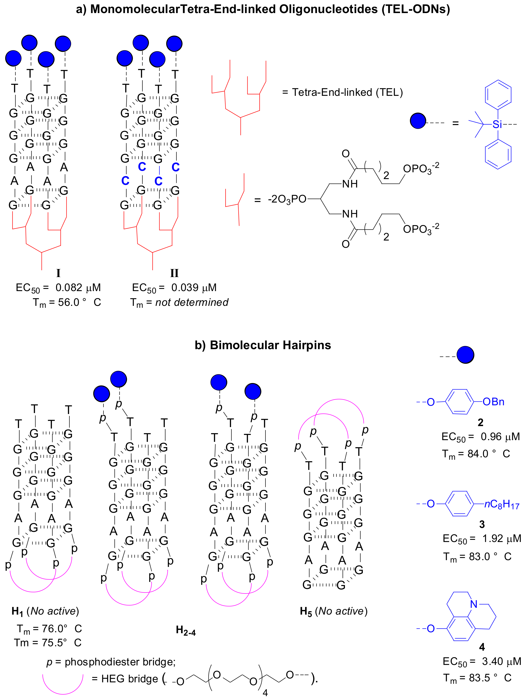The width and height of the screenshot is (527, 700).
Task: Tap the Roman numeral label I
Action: click(58, 273)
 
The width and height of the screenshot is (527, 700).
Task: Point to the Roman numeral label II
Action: click(174, 273)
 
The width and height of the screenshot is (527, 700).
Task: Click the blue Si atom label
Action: click(497, 124)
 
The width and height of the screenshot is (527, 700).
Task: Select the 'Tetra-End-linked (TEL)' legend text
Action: click(342, 92)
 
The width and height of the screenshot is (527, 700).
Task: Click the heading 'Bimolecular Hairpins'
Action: click(270, 345)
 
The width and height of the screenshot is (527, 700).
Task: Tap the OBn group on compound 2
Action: click(493, 402)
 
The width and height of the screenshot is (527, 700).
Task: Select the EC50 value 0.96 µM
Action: click(500, 437)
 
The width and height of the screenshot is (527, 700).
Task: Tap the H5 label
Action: click(306, 611)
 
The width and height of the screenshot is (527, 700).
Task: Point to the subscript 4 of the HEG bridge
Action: click(265, 693)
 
